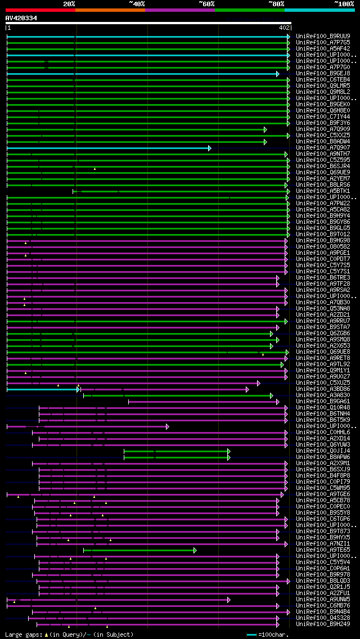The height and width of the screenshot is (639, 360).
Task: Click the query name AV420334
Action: [21, 18]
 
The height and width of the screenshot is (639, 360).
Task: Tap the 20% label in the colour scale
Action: [69, 4]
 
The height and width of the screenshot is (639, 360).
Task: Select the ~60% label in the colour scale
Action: [206, 4]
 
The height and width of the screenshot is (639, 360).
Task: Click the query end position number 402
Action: [284, 28]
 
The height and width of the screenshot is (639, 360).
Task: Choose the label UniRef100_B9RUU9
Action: [323, 37]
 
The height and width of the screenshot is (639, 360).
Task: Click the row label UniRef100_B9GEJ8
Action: [323, 74]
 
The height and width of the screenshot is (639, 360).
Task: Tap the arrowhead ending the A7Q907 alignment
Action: [209, 148]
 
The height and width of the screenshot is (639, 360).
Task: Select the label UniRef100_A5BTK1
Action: [323, 191]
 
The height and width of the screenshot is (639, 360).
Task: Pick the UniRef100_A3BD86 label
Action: [323, 389]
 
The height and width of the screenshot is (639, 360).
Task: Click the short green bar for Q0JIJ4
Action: [176, 451]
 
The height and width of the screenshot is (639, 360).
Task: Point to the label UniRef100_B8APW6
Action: [323, 457]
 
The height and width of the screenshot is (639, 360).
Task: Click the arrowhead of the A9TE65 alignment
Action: [195, 550]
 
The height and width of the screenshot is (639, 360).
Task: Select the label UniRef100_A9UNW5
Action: [323, 600]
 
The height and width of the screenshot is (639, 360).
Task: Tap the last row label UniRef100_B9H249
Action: [323, 624]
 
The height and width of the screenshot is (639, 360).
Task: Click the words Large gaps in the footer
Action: [22, 634]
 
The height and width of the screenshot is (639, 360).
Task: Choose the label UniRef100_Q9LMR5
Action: [323, 86]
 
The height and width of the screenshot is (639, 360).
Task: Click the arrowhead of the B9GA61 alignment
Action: [278, 402]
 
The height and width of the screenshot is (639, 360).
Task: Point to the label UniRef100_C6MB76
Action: [323, 606]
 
